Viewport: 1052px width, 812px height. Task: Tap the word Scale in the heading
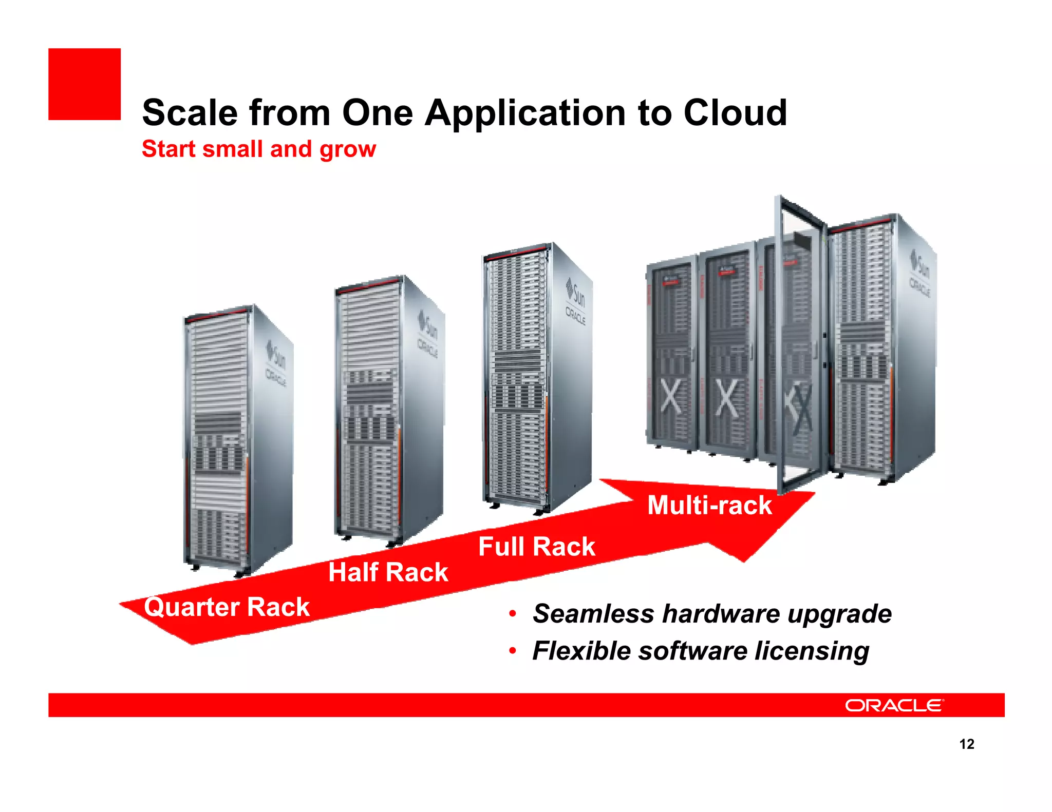pyautogui.click(x=190, y=113)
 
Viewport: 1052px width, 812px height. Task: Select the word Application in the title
pyautogui.click(x=525, y=114)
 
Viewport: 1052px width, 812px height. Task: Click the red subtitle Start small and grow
pyautogui.click(x=259, y=149)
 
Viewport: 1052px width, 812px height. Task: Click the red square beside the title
pyautogui.click(x=85, y=84)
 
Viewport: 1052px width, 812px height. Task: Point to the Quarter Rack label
pyautogui.click(x=227, y=607)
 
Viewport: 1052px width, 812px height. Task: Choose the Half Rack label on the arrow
pyautogui.click(x=388, y=572)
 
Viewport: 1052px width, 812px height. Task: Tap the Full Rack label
pyautogui.click(x=536, y=547)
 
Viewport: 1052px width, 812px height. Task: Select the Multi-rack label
pyautogui.click(x=709, y=506)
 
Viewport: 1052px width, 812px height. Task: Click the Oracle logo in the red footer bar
pyautogui.click(x=894, y=706)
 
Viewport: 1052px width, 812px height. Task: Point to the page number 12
pyautogui.click(x=967, y=744)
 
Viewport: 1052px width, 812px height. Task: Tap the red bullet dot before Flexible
pyautogui.click(x=512, y=651)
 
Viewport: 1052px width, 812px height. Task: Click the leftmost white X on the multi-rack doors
pyautogui.click(x=670, y=398)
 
